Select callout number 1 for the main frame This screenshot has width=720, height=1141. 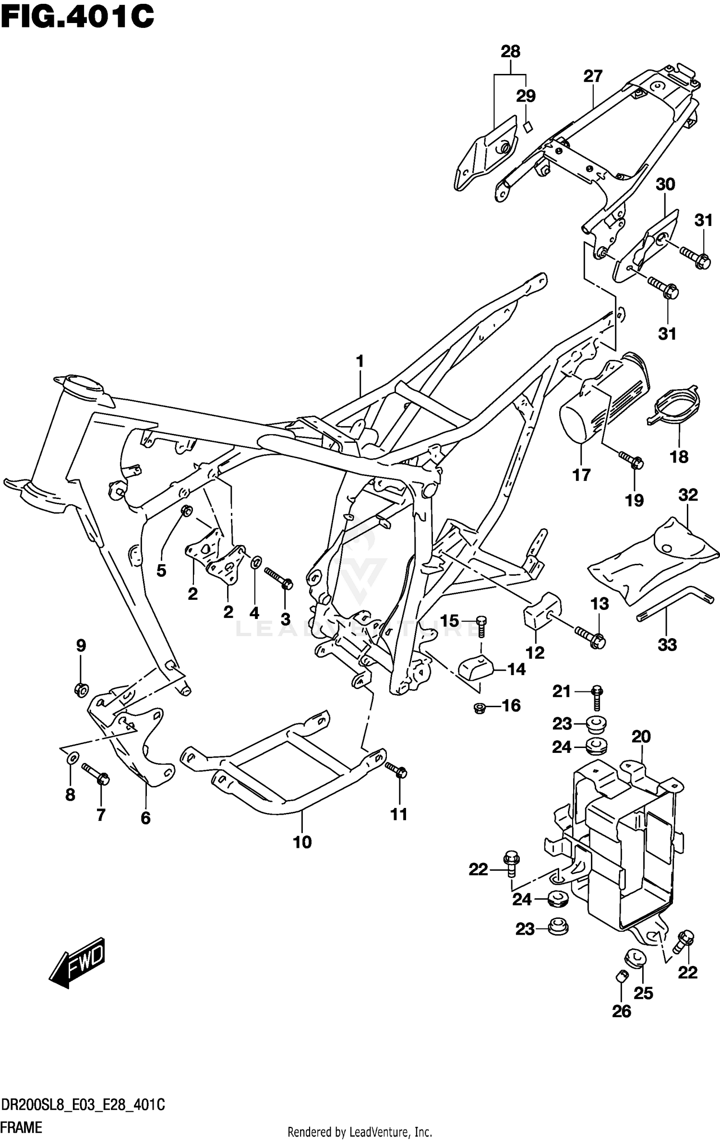[x=360, y=361]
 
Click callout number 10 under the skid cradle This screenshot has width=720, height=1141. [x=302, y=842]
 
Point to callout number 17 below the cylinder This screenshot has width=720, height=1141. [x=581, y=475]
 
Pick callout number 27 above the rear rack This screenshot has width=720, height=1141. [x=593, y=76]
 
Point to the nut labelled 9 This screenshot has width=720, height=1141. [x=81, y=690]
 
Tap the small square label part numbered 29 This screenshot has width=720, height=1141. [x=528, y=127]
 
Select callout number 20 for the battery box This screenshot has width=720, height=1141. [x=641, y=737]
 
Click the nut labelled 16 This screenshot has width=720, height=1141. [x=479, y=707]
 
